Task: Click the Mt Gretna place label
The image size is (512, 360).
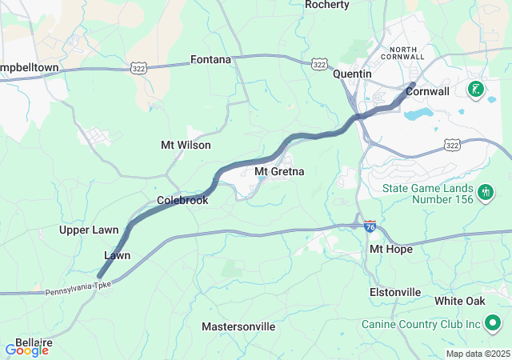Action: click(279, 171)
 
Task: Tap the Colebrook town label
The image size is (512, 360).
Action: click(182, 200)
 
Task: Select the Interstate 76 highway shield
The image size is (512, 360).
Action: click(370, 226)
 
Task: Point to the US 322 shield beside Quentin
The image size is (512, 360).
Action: click(319, 63)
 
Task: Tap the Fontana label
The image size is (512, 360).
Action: click(210, 59)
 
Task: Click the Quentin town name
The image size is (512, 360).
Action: click(353, 73)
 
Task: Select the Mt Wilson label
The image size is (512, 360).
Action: click(186, 145)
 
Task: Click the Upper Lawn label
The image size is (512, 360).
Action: click(89, 230)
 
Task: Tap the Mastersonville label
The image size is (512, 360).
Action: click(238, 326)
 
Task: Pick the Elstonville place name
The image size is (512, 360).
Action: click(395, 292)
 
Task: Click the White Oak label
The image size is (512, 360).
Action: click(460, 301)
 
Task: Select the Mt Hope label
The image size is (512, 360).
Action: click(390, 249)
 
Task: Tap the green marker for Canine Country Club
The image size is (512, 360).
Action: click(493, 323)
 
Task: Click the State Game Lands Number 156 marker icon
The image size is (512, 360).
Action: click(484, 193)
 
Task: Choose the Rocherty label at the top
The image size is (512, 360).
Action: click(327, 5)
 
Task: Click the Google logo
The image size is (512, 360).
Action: click(26, 350)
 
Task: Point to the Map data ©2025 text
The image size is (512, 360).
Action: click(477, 354)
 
